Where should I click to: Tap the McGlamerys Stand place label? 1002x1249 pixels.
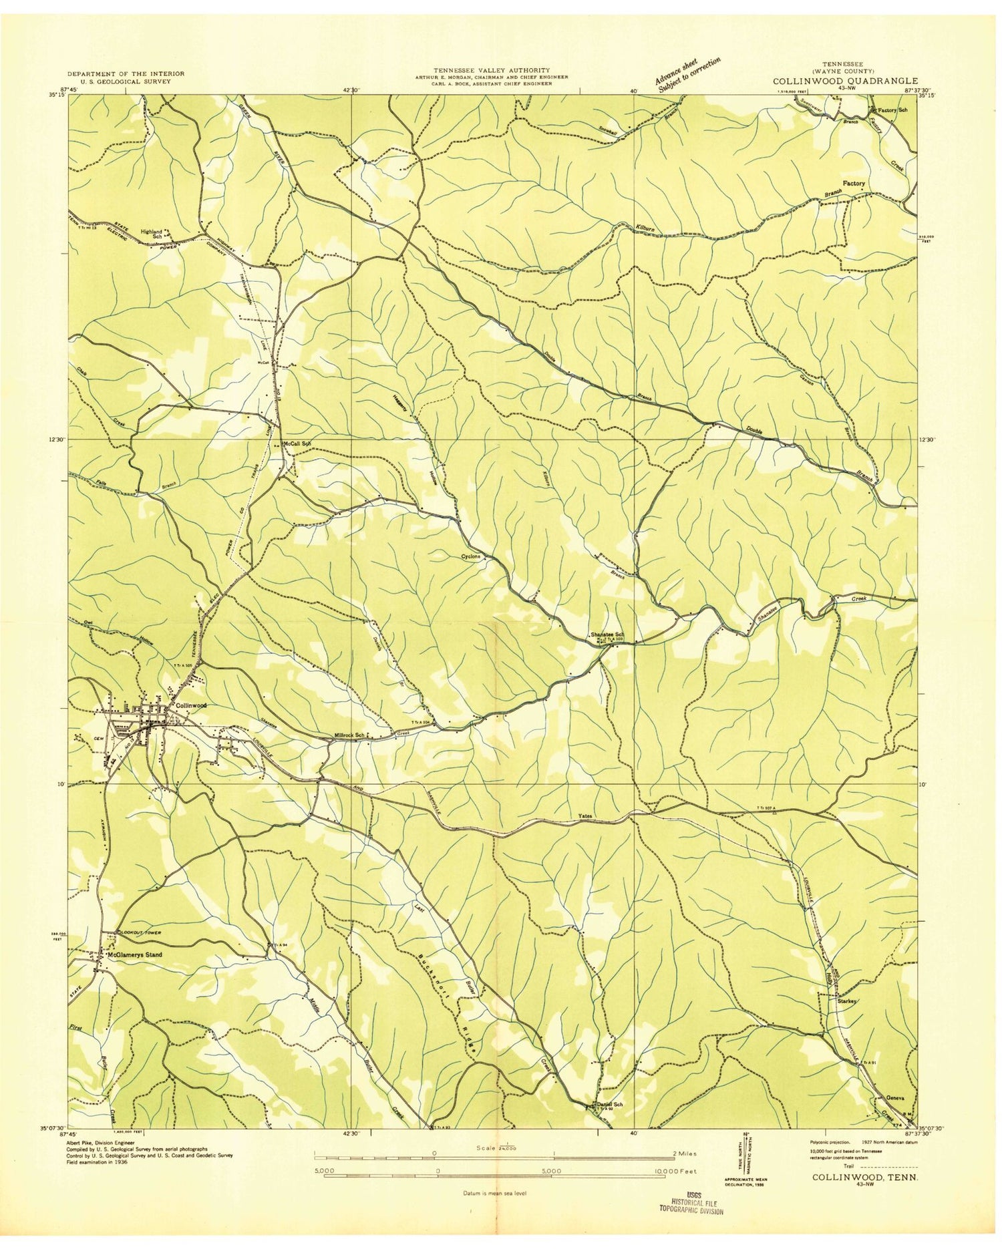(x=136, y=954)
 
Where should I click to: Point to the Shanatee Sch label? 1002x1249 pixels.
(x=607, y=634)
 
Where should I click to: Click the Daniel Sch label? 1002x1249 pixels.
(x=609, y=1104)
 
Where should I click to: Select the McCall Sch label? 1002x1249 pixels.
(x=297, y=443)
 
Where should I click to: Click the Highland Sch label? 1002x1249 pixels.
(x=152, y=234)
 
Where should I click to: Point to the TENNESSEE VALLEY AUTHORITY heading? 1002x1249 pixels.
(x=491, y=69)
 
